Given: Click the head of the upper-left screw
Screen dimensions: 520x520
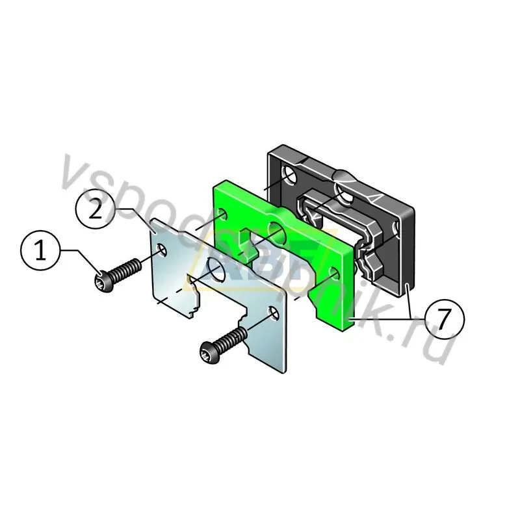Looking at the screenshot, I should (103, 283).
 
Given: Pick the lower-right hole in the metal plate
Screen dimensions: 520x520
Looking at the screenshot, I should (273, 313).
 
